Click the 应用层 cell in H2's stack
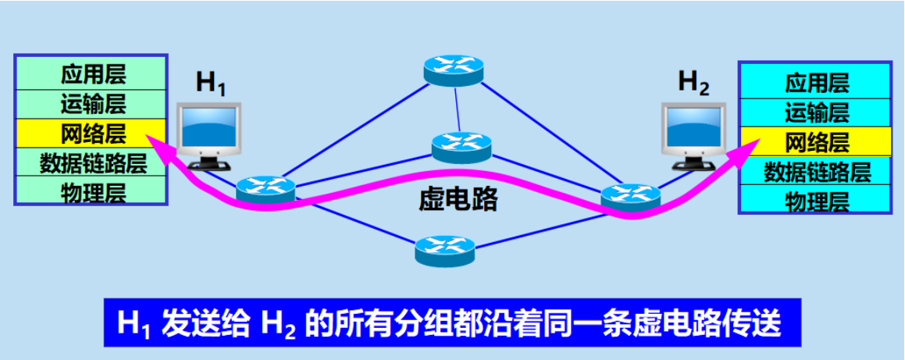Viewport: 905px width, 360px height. [x=817, y=83]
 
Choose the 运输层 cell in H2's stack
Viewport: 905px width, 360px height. [x=817, y=112]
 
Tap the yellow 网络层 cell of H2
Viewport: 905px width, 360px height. [x=817, y=141]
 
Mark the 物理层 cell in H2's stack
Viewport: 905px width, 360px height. [x=817, y=200]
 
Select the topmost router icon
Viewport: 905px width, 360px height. [x=454, y=71]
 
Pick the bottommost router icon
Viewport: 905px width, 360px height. [x=445, y=249]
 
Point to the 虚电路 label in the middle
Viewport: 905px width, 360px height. [x=458, y=201]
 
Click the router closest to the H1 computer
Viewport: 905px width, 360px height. [x=266, y=187]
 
